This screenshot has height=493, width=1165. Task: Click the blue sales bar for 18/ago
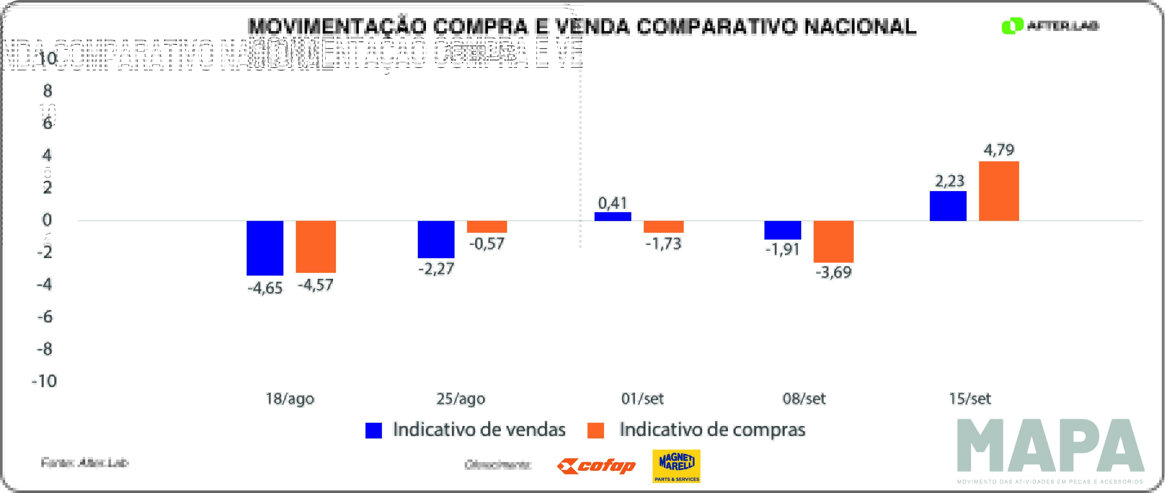point(265,248)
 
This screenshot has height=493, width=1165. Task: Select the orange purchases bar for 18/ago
point(316,246)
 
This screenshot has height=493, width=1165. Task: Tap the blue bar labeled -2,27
point(436,239)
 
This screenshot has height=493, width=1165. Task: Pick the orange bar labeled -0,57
point(487,226)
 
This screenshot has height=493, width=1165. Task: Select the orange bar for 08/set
point(834,242)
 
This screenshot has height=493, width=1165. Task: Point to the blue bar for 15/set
point(948,206)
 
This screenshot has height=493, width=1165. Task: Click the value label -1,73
point(663,244)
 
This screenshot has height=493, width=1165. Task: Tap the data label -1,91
point(782,249)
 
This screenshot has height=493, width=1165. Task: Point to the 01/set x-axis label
point(642,398)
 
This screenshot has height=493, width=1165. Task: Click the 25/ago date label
point(461,398)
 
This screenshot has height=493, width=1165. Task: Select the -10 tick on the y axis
point(44,381)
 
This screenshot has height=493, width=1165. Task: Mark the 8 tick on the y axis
point(47,91)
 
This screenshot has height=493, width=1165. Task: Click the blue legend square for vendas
point(374,430)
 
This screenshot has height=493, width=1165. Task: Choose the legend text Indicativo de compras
point(712,429)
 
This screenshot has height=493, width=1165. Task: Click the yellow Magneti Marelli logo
point(676,466)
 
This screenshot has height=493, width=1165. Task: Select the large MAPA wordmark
point(1050,446)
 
